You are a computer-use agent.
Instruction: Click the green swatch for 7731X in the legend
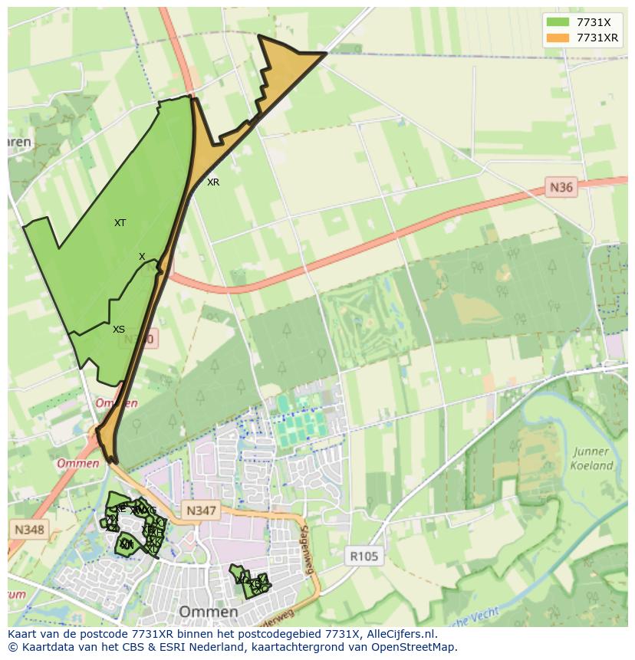coord(558,22)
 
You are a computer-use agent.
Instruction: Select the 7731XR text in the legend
coord(597,38)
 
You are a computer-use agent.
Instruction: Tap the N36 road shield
coord(561,186)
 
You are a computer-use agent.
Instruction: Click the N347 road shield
coord(201,511)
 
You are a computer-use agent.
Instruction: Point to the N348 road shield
coord(28,529)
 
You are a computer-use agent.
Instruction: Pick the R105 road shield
coord(364,557)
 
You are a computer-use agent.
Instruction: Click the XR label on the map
coord(213,182)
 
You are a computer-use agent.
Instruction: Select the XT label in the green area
coord(120,223)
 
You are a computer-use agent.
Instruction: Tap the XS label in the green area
coord(119,330)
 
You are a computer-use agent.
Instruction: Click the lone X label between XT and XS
coord(142,257)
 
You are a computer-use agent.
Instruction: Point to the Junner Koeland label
coord(591,458)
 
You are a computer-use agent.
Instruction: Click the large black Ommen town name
coord(207,612)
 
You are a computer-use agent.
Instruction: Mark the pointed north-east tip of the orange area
coord(325,53)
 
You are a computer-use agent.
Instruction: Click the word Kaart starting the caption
coord(23,635)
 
